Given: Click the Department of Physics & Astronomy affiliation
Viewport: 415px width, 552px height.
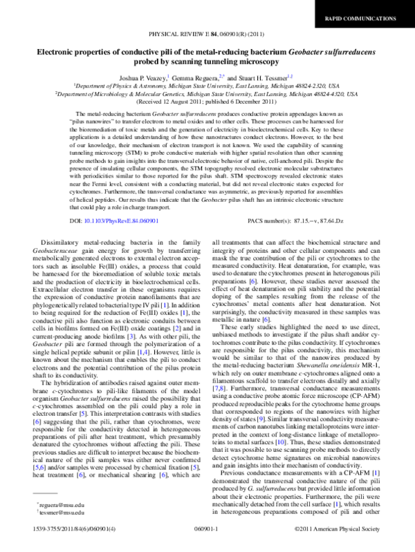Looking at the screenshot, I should [x=207, y=86].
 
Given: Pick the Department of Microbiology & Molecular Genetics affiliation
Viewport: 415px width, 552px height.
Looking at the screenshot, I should [x=207, y=94].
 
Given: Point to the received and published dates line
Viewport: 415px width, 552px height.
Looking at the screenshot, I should [x=207, y=102].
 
